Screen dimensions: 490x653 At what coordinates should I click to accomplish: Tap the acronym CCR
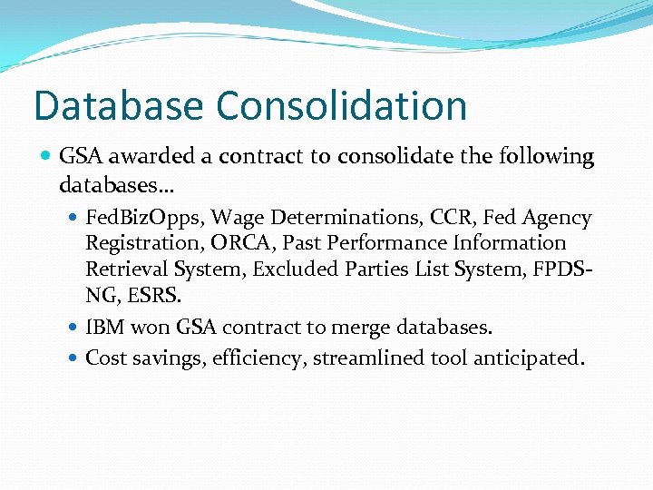pyautogui.click(x=449, y=219)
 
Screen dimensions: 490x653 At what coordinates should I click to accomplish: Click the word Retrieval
pyautogui.click(x=128, y=269)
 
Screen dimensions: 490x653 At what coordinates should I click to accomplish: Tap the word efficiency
pyautogui.click(x=260, y=358)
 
